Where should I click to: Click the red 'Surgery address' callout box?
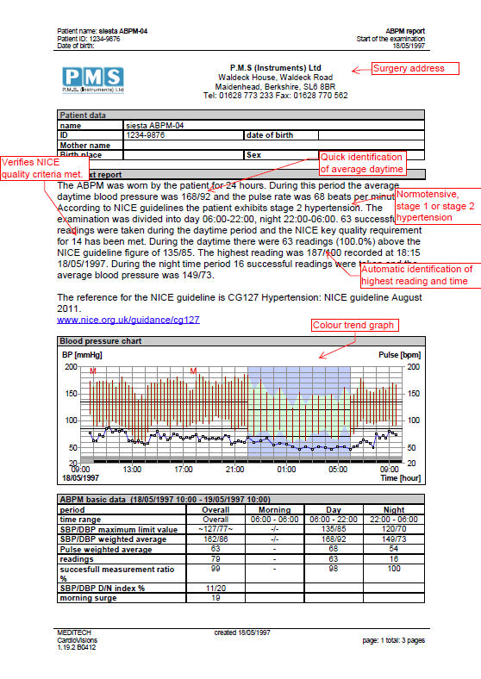408,69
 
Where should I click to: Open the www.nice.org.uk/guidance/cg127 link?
128,320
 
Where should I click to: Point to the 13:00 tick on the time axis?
132,469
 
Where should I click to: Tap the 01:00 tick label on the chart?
286,469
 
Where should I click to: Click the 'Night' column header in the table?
393,510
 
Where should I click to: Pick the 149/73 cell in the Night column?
393,539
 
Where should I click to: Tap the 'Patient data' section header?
83,115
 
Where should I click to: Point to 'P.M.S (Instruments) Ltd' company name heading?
276,67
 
